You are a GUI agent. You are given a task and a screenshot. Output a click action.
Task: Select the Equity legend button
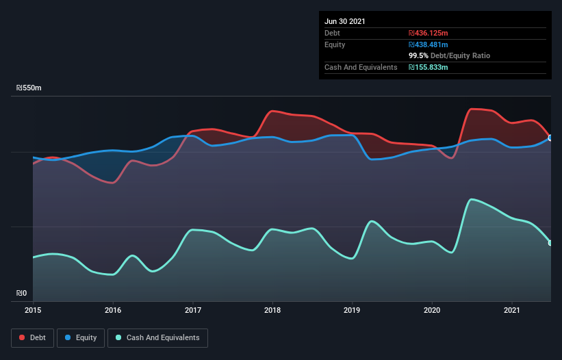pos(81,337)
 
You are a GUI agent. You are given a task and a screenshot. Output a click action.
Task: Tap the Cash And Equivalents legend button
pos(157,337)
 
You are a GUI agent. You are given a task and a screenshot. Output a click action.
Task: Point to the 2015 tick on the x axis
pos(33,311)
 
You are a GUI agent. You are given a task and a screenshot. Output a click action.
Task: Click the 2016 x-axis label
pos(113,311)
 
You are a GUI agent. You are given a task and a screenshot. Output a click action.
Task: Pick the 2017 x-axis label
pos(193,311)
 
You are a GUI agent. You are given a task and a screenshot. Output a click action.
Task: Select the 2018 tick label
pos(272,311)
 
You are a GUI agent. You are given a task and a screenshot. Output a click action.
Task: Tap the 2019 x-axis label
pos(353,311)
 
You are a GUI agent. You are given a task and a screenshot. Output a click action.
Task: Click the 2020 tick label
pos(432,311)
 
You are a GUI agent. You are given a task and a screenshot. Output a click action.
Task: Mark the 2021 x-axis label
pos(512,311)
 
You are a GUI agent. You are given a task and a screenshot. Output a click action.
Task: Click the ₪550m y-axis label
pos(29,88)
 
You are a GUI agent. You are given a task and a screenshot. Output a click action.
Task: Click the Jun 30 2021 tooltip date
pos(345,21)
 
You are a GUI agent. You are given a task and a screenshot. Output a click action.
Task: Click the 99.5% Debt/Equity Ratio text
pos(449,55)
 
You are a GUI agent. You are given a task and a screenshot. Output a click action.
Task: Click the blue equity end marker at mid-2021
pos(550,138)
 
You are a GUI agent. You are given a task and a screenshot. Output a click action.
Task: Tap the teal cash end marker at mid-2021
pos(550,243)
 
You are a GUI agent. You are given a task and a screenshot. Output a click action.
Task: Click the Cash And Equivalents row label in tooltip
pos(361,67)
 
